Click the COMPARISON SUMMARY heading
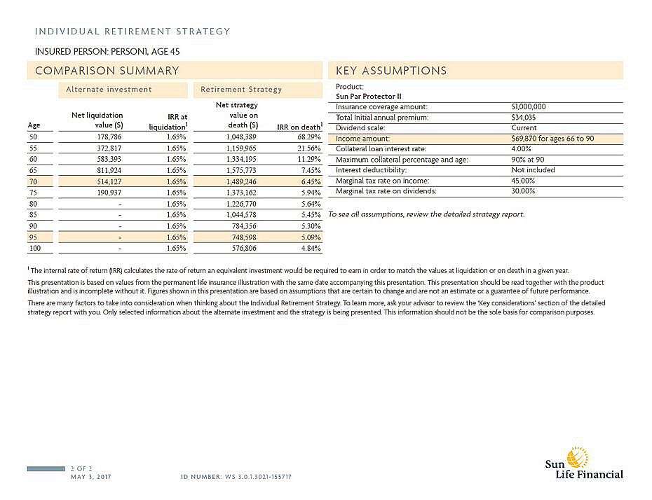pyautogui.click(x=107, y=71)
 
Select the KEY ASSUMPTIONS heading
pyautogui.click(x=391, y=71)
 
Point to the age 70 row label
pyautogui.click(x=33, y=181)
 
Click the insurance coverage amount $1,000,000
pyautogui.click(x=529, y=106)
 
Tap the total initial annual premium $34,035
pyautogui.click(x=524, y=118)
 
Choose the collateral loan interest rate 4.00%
pyautogui.click(x=522, y=149)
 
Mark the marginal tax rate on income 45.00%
pyautogui.click(x=524, y=181)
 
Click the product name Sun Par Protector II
pyautogui.click(x=368, y=97)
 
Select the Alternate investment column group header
pyautogui.click(x=109, y=90)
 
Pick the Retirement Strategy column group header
pyautogui.click(x=241, y=90)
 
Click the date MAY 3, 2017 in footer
pyautogui.click(x=91, y=476)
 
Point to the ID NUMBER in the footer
pyautogui.click(x=236, y=476)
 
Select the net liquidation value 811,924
pyautogui.click(x=109, y=170)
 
